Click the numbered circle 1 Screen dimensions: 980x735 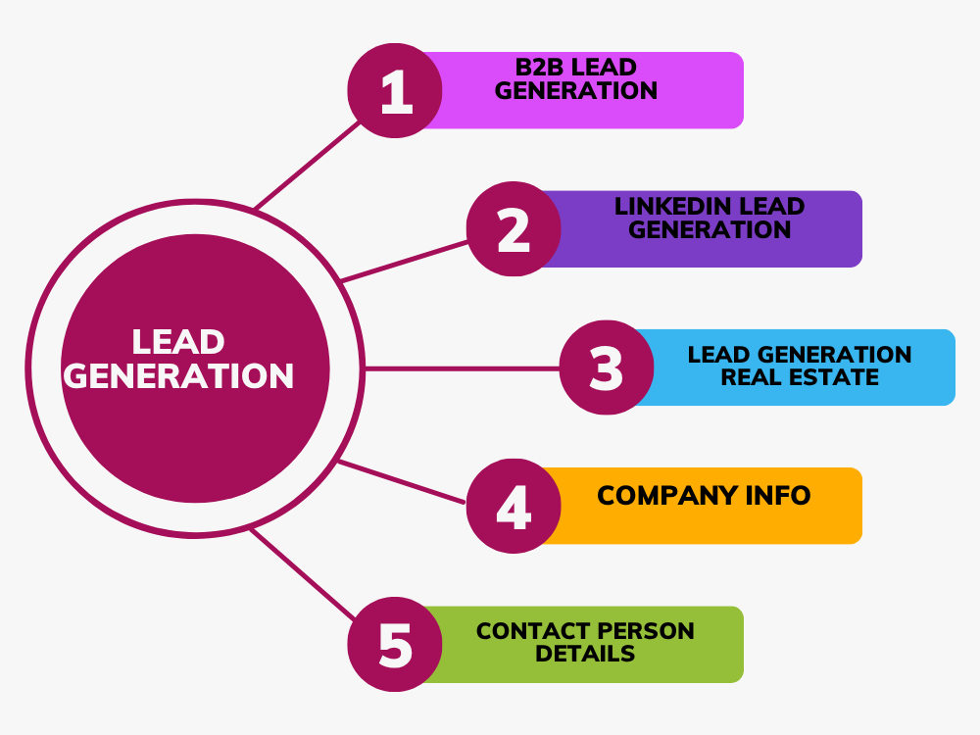pyautogui.click(x=395, y=90)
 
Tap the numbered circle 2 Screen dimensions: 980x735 pyautogui.click(x=514, y=228)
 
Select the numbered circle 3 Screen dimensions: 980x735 pyautogui.click(x=607, y=367)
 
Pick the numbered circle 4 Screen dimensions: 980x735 pyautogui.click(x=514, y=507)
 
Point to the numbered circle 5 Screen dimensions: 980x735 pyautogui.click(x=395, y=645)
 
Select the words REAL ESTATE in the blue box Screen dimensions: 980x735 pyautogui.click(x=800, y=377)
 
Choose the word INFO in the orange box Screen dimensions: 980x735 pyautogui.click(x=778, y=496)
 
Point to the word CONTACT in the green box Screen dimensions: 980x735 pyautogui.click(x=524, y=631)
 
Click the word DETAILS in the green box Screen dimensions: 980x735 pyautogui.click(x=585, y=654)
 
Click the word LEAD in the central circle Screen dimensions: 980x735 pyautogui.click(x=178, y=342)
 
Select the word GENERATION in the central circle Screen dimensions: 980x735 pyautogui.click(x=178, y=376)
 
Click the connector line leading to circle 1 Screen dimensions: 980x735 pyautogui.click(x=308, y=165)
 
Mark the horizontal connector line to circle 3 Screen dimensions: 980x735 pyautogui.click(x=463, y=368)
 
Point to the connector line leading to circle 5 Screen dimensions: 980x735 pyautogui.click(x=303, y=574)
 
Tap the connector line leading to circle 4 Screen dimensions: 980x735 pyautogui.click(x=401, y=482)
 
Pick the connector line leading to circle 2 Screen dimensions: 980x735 pyautogui.click(x=405, y=262)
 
